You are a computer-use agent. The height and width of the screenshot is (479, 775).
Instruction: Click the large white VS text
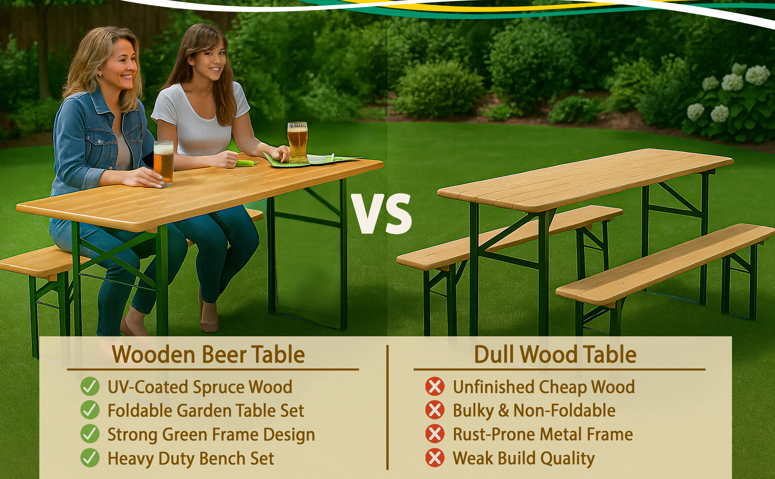click(x=383, y=214)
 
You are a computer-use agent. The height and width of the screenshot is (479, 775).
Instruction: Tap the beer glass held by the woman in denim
click(x=164, y=164)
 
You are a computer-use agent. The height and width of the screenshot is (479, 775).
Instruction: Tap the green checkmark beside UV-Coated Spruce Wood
click(x=90, y=386)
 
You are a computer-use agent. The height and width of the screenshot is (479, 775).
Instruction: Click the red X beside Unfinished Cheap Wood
click(x=435, y=386)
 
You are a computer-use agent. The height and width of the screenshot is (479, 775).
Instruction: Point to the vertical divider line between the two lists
click(x=387, y=407)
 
